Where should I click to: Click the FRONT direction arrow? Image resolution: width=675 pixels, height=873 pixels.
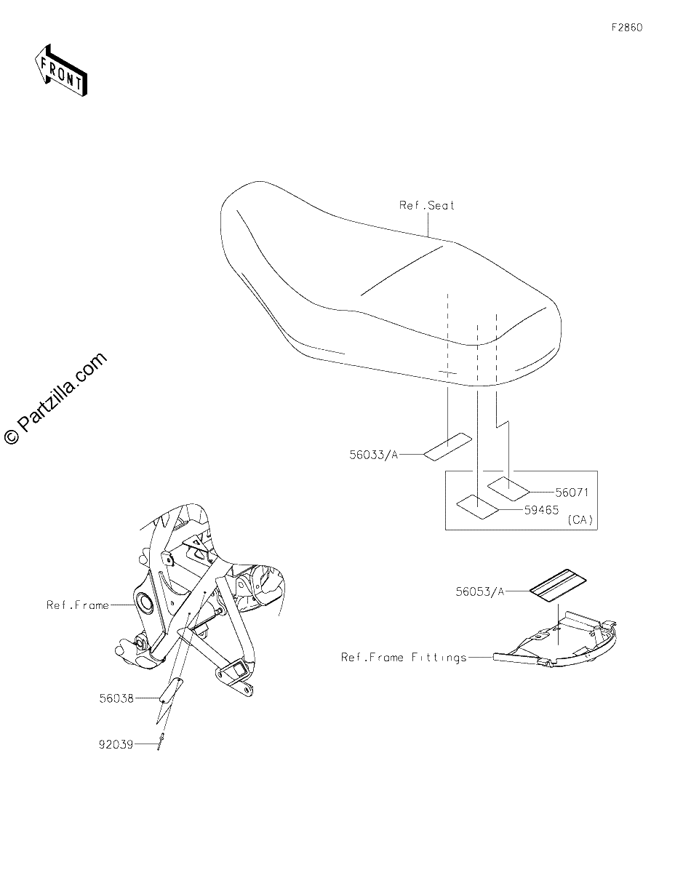[x=61, y=70]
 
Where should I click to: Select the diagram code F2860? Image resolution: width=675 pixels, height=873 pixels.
[x=627, y=28]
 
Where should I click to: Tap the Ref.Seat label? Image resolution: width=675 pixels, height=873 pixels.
[x=426, y=205]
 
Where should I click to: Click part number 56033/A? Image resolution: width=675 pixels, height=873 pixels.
[x=373, y=455]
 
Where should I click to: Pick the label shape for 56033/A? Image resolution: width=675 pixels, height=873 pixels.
[x=448, y=447]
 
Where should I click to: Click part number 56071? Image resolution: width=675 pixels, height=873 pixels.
[x=572, y=492]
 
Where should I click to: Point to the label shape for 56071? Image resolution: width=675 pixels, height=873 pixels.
[x=508, y=489]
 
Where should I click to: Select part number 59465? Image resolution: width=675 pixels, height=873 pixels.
[x=542, y=510]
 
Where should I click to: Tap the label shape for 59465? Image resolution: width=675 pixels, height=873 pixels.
[x=477, y=507]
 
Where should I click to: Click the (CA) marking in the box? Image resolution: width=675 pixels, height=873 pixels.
[x=580, y=520]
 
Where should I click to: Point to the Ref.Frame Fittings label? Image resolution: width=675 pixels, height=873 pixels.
[x=404, y=658]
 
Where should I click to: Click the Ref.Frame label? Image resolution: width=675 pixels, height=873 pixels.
[x=78, y=605]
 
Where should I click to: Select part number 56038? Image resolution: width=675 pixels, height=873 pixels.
[x=116, y=698]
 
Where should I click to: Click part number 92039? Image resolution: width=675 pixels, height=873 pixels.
[x=116, y=745]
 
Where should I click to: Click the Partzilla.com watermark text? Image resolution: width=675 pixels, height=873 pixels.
[x=55, y=399]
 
